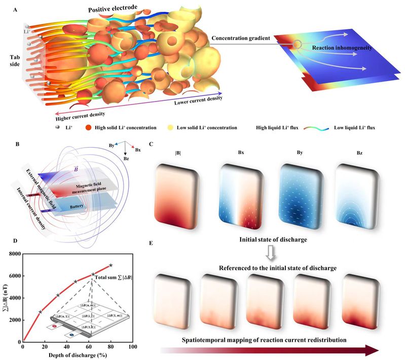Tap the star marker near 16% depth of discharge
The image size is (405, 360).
pos(40,312)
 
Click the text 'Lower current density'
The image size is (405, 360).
pos(196,101)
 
